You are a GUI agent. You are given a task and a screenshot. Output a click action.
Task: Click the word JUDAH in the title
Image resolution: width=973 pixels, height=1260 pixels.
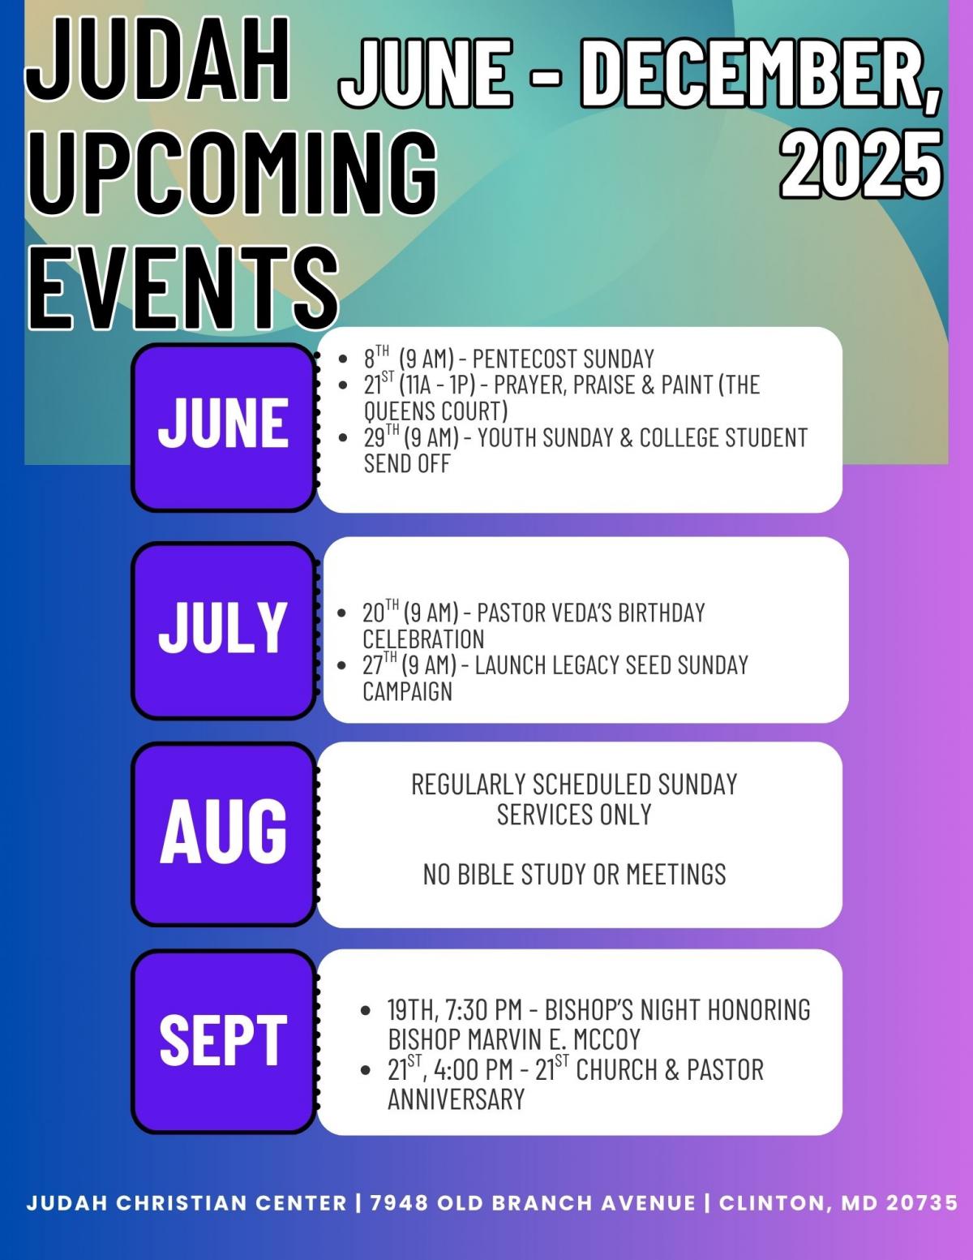157,60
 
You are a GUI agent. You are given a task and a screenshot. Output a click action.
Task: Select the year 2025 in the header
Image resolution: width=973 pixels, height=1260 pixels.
860,164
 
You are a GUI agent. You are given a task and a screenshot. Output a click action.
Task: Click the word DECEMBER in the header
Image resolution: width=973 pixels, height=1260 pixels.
760,74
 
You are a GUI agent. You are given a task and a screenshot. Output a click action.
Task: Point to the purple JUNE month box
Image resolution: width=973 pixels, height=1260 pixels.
224,428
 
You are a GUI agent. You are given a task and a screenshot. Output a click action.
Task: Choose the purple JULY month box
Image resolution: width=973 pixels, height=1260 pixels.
224,631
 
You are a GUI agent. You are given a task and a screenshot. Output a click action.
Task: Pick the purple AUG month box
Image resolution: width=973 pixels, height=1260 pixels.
224,834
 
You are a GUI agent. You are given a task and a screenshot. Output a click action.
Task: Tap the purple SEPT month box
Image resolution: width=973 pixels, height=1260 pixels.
224,1042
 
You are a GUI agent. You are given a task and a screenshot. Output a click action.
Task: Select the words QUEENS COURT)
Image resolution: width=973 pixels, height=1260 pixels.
435,411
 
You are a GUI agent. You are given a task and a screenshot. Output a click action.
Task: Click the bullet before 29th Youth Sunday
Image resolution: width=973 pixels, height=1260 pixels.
343,438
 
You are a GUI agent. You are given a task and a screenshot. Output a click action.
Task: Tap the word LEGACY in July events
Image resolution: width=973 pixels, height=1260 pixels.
589,665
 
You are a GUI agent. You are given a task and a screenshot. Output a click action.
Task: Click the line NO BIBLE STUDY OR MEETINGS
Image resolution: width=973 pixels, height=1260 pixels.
574,875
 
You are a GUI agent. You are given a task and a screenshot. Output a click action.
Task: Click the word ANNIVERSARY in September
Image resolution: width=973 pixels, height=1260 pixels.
456,1099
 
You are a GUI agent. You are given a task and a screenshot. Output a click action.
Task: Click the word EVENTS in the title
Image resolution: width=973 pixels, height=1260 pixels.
183,288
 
